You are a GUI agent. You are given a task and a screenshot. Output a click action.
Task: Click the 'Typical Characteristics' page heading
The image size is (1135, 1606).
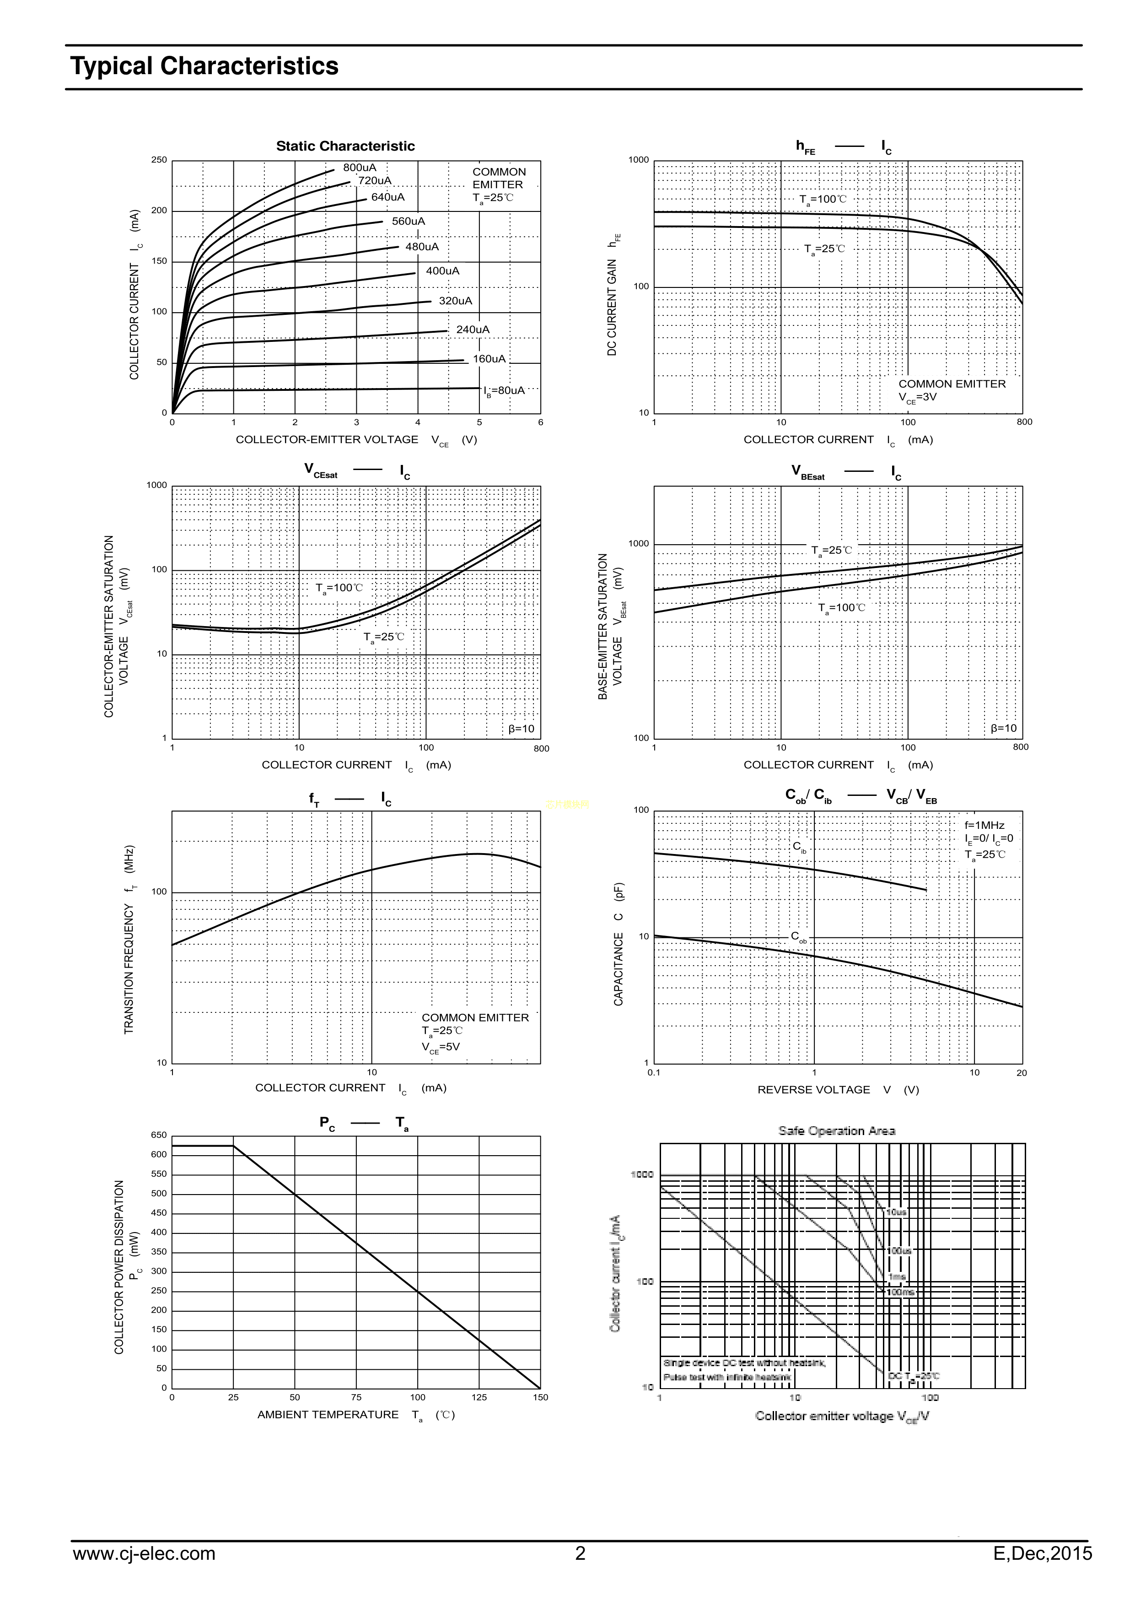point(204,66)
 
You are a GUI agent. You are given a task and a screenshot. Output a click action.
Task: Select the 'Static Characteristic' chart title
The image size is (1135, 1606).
point(345,146)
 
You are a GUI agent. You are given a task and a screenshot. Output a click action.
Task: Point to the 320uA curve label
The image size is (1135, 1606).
point(455,301)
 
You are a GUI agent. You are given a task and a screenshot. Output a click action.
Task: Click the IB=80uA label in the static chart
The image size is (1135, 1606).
point(504,391)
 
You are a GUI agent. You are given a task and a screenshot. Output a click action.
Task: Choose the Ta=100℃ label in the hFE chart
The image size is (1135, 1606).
point(823,200)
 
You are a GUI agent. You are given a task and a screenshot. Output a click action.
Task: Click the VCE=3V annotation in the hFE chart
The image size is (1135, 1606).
point(918,397)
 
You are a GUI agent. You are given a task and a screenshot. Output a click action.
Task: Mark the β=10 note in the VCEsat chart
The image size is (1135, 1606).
point(521,729)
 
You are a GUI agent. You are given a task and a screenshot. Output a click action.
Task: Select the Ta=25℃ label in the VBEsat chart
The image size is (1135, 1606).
point(832,551)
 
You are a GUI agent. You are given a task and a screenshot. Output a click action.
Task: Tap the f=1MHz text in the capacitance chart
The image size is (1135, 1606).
point(984,825)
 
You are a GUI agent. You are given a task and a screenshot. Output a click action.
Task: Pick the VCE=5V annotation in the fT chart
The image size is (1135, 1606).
point(441,1047)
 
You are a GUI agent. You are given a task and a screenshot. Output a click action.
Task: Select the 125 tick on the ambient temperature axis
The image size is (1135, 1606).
point(479,1398)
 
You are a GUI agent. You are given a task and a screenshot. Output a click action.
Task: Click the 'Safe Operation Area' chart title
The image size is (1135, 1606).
point(836,1130)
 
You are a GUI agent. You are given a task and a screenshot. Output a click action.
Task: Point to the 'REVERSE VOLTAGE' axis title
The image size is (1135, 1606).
point(813,1090)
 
